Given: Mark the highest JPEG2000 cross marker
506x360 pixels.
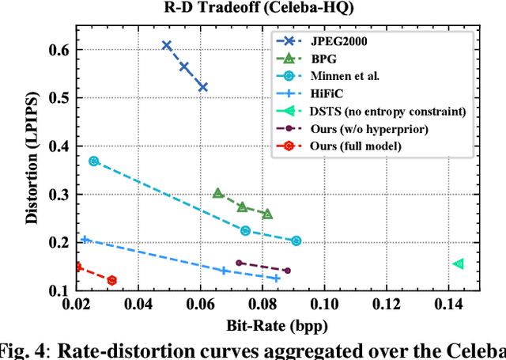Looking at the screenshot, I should tap(167, 45).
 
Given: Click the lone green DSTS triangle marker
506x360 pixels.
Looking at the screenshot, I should tap(458, 263).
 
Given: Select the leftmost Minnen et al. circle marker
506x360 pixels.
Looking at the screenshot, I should tap(94, 161).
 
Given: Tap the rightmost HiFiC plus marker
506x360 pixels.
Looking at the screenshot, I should tap(276, 278).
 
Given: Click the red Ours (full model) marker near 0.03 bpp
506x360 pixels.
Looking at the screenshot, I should tap(111, 280).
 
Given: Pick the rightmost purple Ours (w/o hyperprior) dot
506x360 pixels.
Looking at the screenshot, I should tap(287, 271).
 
